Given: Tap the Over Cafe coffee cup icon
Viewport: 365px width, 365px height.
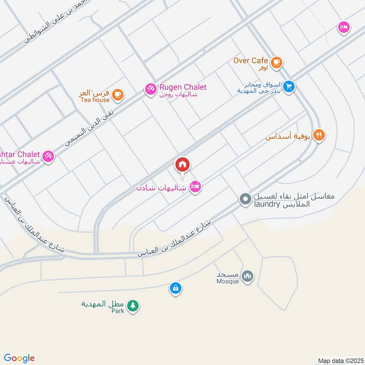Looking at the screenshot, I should click(x=276, y=63).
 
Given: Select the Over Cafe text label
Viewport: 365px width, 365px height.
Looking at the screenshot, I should click(x=250, y=60).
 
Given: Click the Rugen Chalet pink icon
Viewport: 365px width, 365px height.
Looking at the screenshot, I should click(x=150, y=89).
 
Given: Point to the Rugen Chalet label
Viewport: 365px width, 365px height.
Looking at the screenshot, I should click(x=182, y=87).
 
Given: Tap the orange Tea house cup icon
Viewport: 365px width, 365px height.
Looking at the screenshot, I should click(x=118, y=94).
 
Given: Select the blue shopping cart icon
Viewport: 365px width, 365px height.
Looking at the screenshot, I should click(x=288, y=86).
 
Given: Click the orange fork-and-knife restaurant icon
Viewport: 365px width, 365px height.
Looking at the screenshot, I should click(x=319, y=136).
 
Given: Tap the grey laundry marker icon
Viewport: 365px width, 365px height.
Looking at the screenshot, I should click(x=245, y=199).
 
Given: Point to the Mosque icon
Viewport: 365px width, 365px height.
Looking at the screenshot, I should click(x=247, y=276).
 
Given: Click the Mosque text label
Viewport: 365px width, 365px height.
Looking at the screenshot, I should click(x=228, y=282).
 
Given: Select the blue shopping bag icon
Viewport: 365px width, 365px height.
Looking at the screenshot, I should click(x=175, y=288).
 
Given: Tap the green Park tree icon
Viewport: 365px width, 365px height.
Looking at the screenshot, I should click(x=133, y=306).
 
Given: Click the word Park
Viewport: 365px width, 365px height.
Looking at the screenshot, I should click(x=118, y=311).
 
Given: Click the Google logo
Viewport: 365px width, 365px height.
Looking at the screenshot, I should click(x=19, y=358).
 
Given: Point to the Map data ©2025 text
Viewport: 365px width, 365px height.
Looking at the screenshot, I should click(x=339, y=361).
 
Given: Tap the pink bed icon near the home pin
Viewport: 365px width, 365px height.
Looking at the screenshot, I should click(x=195, y=187).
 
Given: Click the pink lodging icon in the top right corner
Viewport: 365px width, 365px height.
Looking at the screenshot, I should click(x=344, y=28).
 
